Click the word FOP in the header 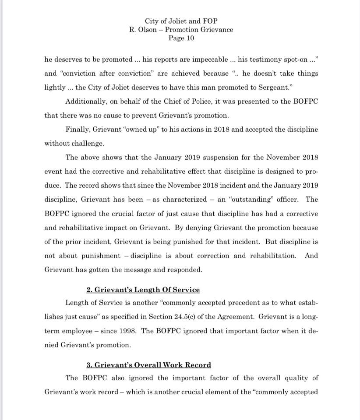pyautogui.click(x=210, y=21)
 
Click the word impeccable pyautogui.click(x=210, y=59)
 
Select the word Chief pyautogui.click(x=175, y=101)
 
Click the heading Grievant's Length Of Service pyautogui.click(x=143, y=290)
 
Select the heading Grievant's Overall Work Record pyautogui.click(x=148, y=365)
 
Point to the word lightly pyautogui.click(x=55, y=87)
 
